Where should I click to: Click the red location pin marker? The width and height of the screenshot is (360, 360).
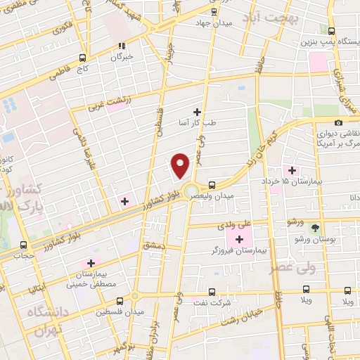tap(181, 165)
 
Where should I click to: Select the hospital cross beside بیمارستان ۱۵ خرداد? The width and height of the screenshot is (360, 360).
tap(292, 169)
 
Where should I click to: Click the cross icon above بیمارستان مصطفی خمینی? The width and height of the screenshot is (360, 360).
tap(91, 263)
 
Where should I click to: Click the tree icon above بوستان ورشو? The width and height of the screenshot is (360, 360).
tap(314, 228)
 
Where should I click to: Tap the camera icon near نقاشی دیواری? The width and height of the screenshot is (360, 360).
tap(339, 123)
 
